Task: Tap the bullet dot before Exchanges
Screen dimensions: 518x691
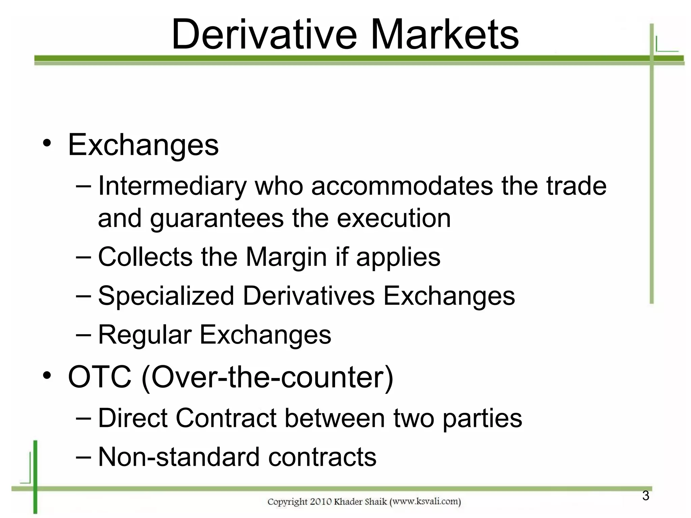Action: (47, 143)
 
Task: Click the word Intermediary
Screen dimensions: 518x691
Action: (172, 186)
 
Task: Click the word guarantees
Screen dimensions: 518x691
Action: (217, 219)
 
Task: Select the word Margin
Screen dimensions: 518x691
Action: (286, 257)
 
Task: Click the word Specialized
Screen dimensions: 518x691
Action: (166, 296)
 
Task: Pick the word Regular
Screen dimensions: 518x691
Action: (145, 335)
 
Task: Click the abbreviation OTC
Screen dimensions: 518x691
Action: (100, 377)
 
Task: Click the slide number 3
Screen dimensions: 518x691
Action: (645, 496)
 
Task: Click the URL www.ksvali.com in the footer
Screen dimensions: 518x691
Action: (425, 501)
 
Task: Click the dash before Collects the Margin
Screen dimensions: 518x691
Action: (84, 257)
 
